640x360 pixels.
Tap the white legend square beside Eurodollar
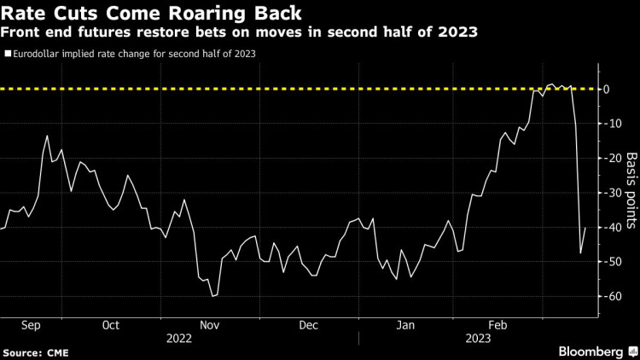[8, 53]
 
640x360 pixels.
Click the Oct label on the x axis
[111, 324]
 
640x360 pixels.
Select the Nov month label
[210, 324]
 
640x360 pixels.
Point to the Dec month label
[308, 324]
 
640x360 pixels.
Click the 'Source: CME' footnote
[35, 351]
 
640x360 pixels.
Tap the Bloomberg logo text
[591, 351]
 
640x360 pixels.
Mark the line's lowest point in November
[212, 296]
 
